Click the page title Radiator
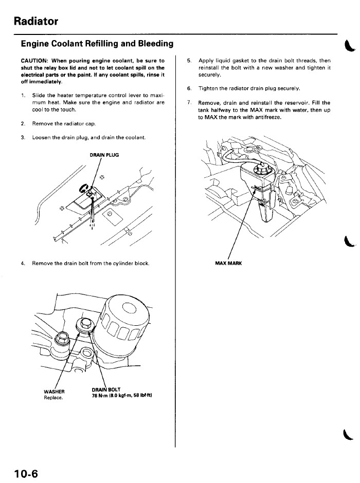point(36,21)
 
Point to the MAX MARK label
point(228,264)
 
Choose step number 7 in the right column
point(189,102)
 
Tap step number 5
point(189,60)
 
